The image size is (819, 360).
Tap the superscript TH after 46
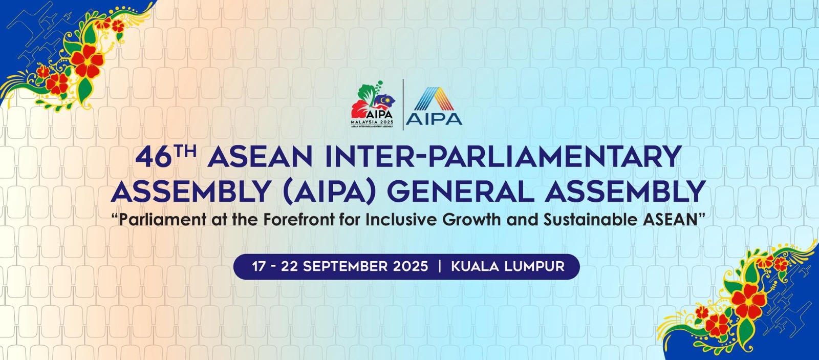[185, 151]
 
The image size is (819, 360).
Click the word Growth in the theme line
[471, 220]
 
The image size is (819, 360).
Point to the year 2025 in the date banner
[411, 266]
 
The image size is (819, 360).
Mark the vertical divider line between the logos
[403, 104]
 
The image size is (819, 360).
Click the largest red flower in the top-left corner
[87, 61]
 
